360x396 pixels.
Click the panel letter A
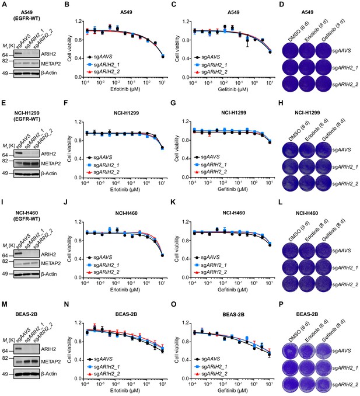tap(4, 4)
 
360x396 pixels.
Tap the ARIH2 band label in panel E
tap(48, 154)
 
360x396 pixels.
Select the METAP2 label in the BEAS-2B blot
tap(51, 362)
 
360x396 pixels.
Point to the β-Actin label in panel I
tap(49, 274)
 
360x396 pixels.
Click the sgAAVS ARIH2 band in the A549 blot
tap(19, 54)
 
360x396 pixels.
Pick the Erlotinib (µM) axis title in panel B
tap(125, 89)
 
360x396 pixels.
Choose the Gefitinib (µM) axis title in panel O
tap(233, 390)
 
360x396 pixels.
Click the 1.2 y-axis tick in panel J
tap(78, 222)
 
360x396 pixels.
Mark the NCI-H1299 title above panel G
tap(233, 113)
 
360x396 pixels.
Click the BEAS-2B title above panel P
tap(307, 314)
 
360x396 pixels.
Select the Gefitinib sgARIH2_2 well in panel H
tap(323, 183)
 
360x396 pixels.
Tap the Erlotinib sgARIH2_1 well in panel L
tap(307, 268)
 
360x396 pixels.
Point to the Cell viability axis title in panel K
tap(177, 249)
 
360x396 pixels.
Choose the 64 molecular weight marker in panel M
tap(5, 351)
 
